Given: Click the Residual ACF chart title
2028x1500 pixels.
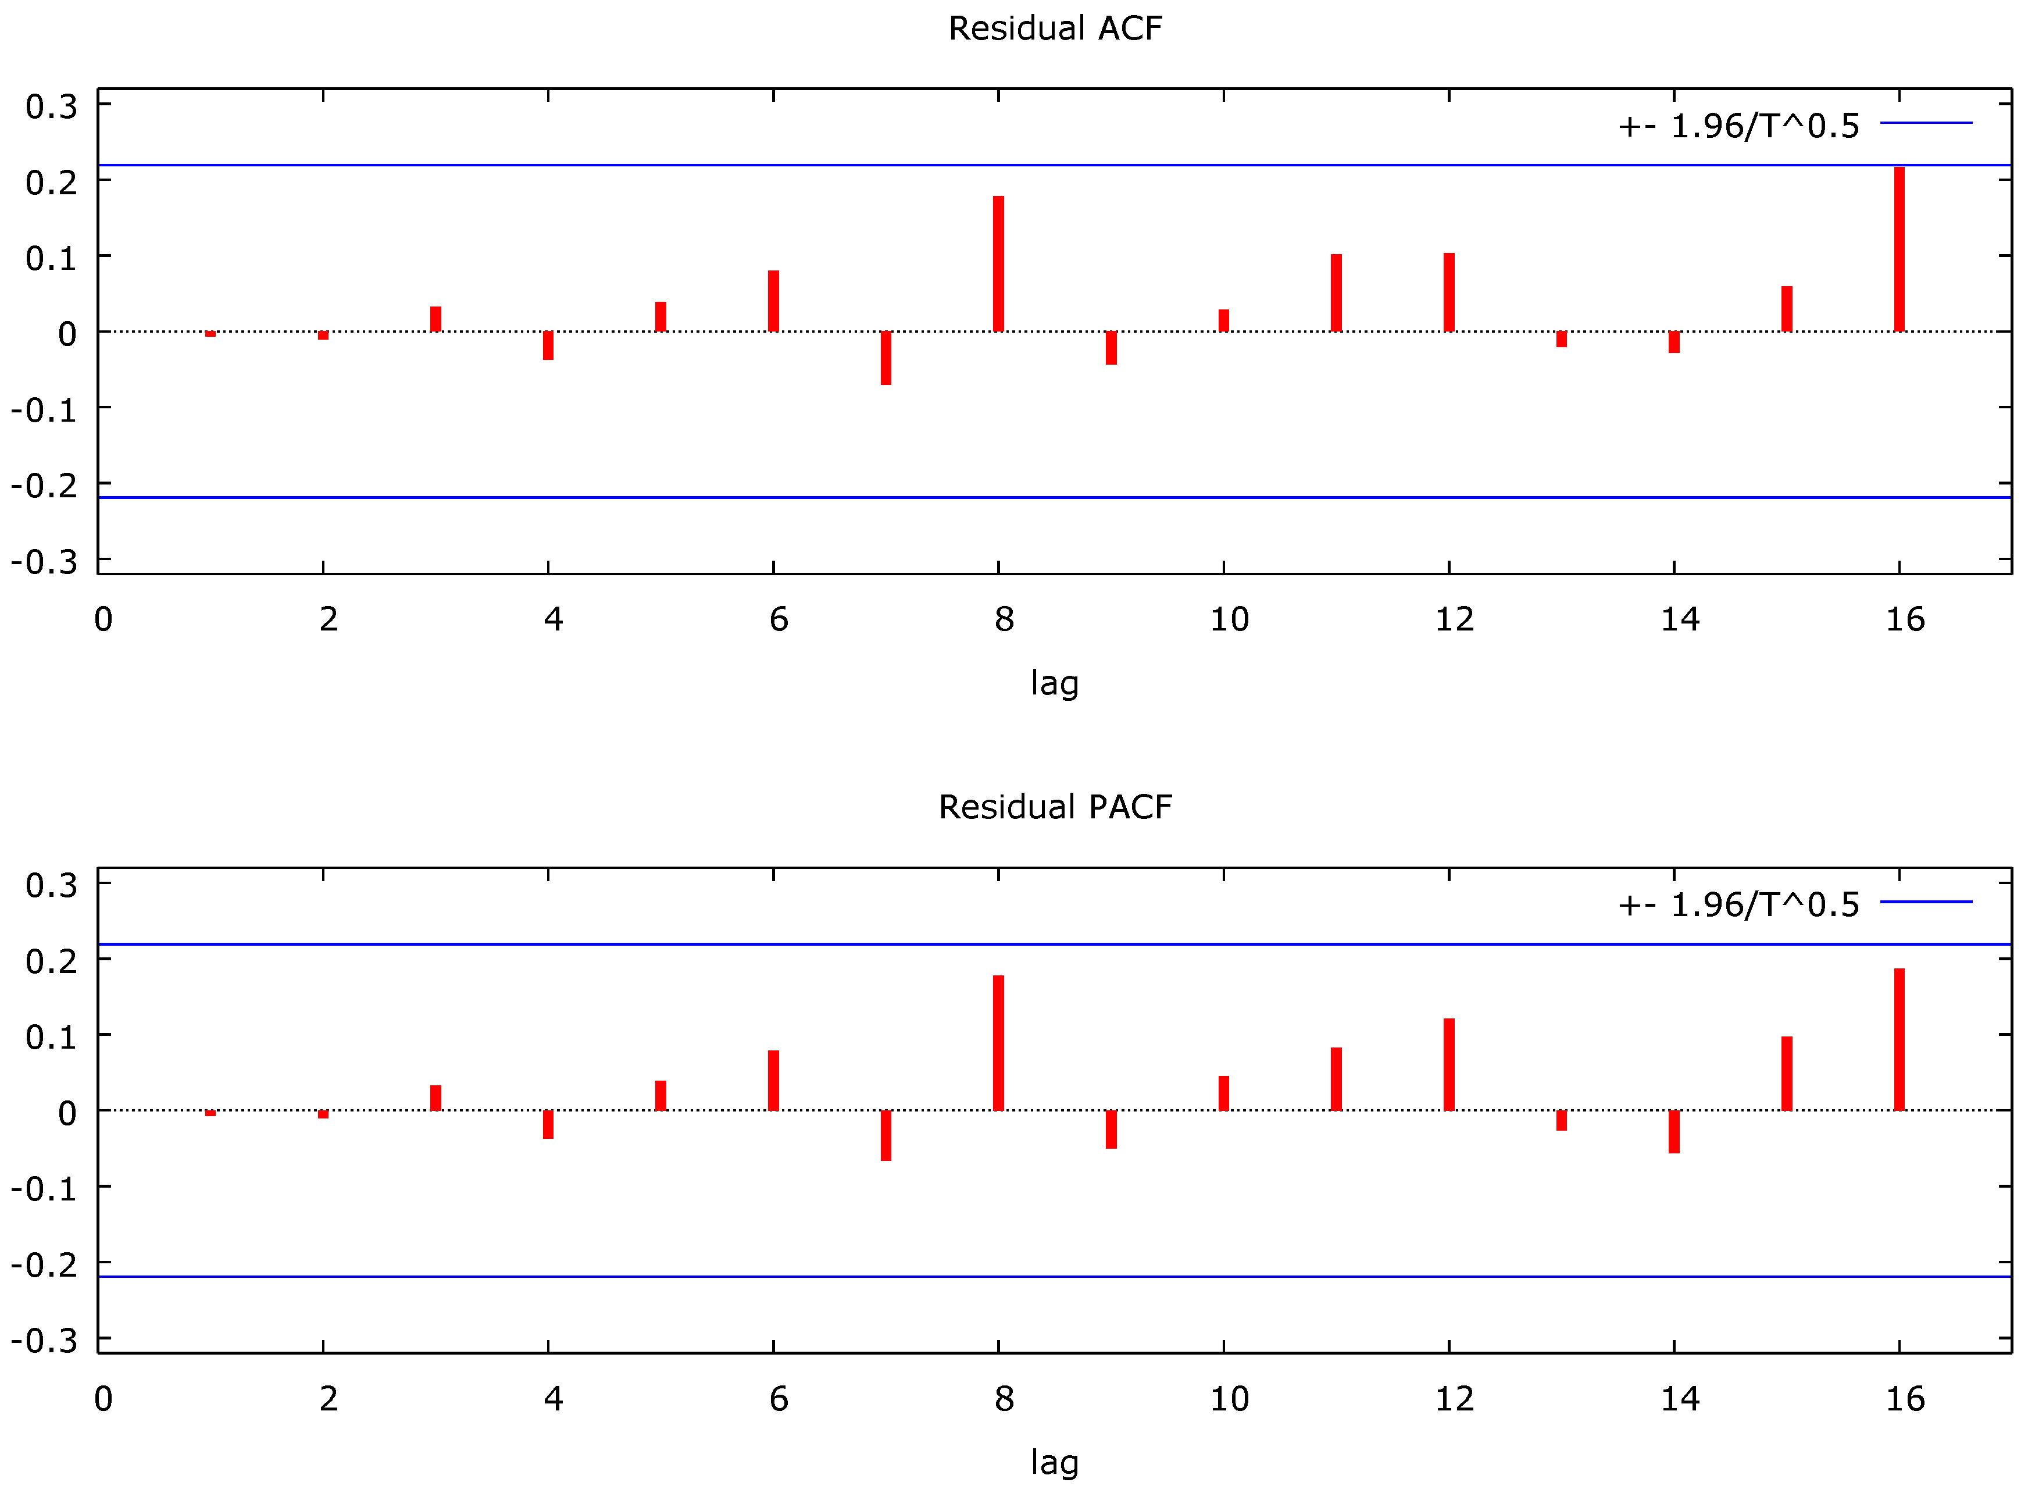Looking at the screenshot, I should [x=1055, y=28].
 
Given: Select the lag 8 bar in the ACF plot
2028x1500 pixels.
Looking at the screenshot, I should [x=998, y=263].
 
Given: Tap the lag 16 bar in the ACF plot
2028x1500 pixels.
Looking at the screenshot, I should [x=1899, y=249].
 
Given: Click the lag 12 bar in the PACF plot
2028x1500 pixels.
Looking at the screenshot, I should [x=1449, y=1064].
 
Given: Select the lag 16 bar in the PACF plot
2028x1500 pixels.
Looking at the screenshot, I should [x=1899, y=1040].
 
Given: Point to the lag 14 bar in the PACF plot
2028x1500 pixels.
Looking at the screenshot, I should [x=1674, y=1131].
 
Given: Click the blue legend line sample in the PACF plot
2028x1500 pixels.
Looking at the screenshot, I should [x=1926, y=902].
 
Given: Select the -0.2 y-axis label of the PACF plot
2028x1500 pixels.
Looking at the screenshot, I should [x=44, y=1264].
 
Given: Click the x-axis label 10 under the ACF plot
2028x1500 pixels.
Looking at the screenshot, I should [x=1229, y=619].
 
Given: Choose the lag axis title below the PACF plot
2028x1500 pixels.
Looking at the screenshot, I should [x=1055, y=1461].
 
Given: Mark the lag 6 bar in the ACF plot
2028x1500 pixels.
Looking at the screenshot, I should [x=773, y=301].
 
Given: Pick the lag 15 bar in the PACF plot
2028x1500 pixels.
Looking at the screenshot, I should [x=1787, y=1073].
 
